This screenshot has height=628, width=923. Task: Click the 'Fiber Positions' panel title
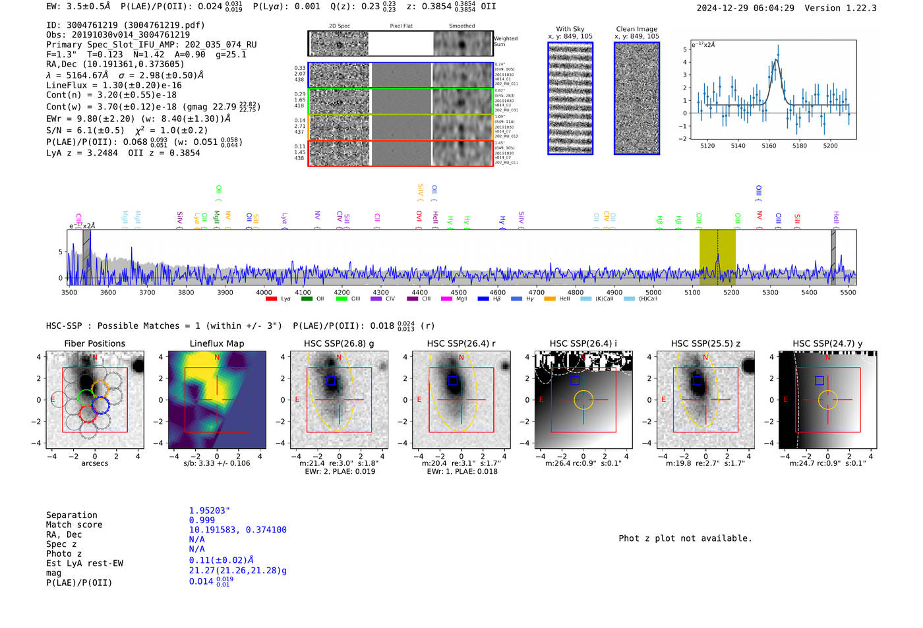tap(94, 343)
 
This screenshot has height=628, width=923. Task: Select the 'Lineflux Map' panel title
tap(217, 343)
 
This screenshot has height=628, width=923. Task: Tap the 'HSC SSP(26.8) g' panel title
tap(339, 343)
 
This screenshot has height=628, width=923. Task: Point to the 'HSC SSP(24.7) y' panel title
tap(827, 343)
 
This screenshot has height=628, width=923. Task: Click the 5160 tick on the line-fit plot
tap(769, 146)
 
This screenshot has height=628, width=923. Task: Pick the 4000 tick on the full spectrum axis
tap(264, 292)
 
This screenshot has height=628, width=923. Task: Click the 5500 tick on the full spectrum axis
tap(848, 292)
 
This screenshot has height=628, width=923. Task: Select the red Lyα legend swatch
tap(271, 299)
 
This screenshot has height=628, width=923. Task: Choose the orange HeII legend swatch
tap(550, 299)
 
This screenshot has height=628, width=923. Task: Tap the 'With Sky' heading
tap(570, 29)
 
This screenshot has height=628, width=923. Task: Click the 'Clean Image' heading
tap(637, 29)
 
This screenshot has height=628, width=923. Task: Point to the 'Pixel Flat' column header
tap(401, 26)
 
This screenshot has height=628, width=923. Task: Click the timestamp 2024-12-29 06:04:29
tap(745, 8)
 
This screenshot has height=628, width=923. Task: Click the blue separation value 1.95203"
tap(210, 511)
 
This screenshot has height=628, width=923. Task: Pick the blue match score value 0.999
tap(202, 520)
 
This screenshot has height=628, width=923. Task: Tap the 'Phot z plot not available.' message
tap(685, 538)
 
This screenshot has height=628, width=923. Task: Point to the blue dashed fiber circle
tap(100, 405)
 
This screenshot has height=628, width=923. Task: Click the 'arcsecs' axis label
tap(94, 463)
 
